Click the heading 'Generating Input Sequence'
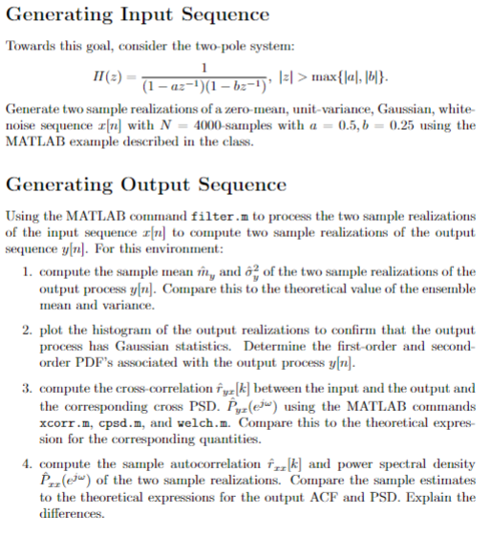point(138,15)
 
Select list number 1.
point(25,273)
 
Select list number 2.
point(25,331)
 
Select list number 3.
point(25,389)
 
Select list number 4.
point(25,464)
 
